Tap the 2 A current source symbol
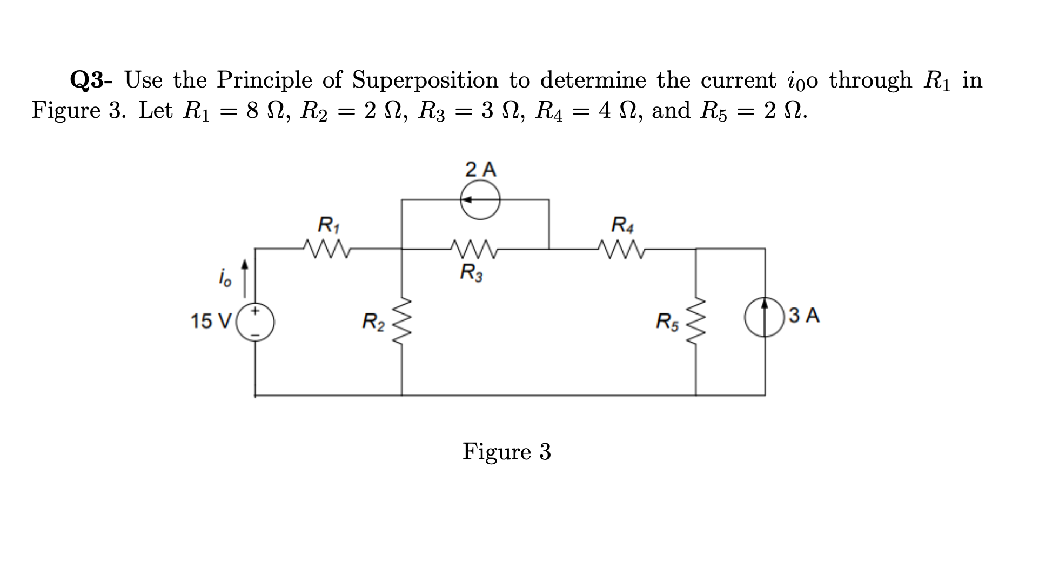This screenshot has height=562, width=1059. click(x=480, y=200)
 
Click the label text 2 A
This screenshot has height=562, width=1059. click(x=480, y=170)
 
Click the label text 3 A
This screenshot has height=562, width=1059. click(x=804, y=315)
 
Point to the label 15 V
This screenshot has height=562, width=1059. click(x=210, y=321)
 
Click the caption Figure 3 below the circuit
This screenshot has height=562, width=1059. click(x=506, y=451)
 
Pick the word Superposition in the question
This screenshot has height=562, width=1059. click(x=425, y=81)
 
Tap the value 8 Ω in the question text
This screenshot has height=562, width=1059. click(x=262, y=111)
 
